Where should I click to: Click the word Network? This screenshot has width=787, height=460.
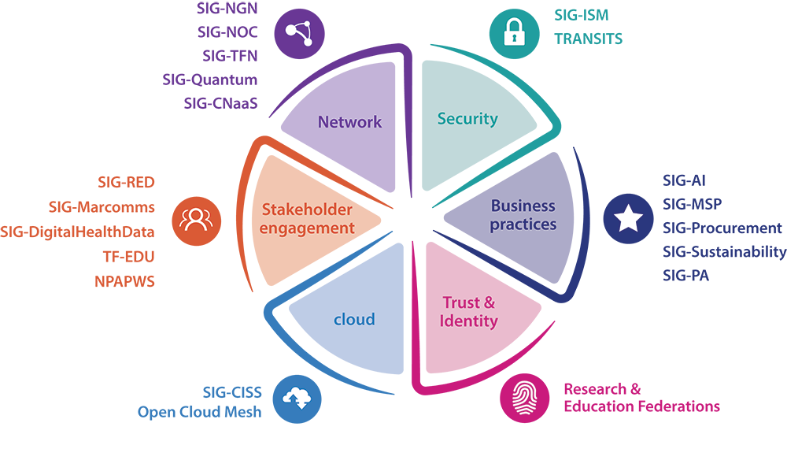(349, 122)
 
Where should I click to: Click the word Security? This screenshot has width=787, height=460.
(467, 119)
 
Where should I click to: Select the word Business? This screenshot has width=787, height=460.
(523, 206)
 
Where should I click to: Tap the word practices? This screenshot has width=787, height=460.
(523, 224)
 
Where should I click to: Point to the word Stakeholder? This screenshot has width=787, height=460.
(307, 210)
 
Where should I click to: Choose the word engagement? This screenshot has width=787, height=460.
(308, 228)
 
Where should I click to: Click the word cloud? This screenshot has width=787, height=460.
(354, 319)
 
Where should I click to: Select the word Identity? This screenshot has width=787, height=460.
(469, 321)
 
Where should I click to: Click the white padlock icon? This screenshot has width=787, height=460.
(514, 32)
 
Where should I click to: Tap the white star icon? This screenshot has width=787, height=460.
(628, 218)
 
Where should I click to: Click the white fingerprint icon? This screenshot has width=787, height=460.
(525, 398)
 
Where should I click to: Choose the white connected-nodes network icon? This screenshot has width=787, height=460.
(298, 34)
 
